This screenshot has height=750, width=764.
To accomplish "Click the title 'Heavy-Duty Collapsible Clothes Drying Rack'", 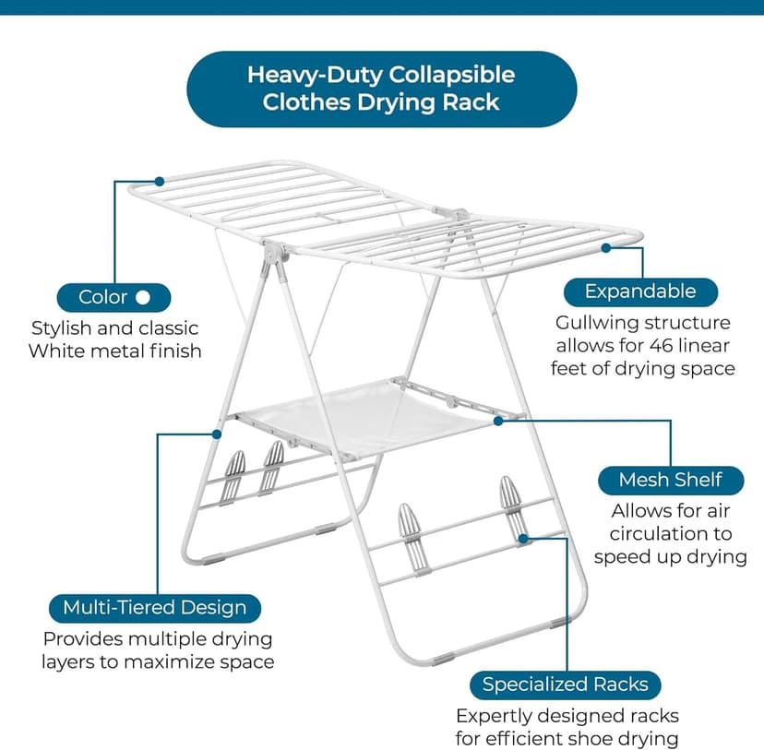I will pyautogui.click(x=380, y=88).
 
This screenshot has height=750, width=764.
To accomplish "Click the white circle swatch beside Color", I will pyautogui.click(x=142, y=297).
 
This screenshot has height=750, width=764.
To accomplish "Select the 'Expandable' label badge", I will pyautogui.click(x=639, y=292).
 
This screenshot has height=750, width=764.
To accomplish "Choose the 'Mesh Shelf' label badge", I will pyautogui.click(x=670, y=480).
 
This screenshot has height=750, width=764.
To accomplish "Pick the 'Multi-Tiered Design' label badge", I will pyautogui.click(x=154, y=608).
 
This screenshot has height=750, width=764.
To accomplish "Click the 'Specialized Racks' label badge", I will pyautogui.click(x=565, y=685).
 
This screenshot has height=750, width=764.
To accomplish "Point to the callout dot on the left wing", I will pyautogui.click(x=160, y=181).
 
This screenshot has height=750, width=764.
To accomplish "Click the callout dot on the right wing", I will pyautogui.click(x=606, y=247).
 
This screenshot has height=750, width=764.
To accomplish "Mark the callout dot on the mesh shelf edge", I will pyautogui.click(x=498, y=421).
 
